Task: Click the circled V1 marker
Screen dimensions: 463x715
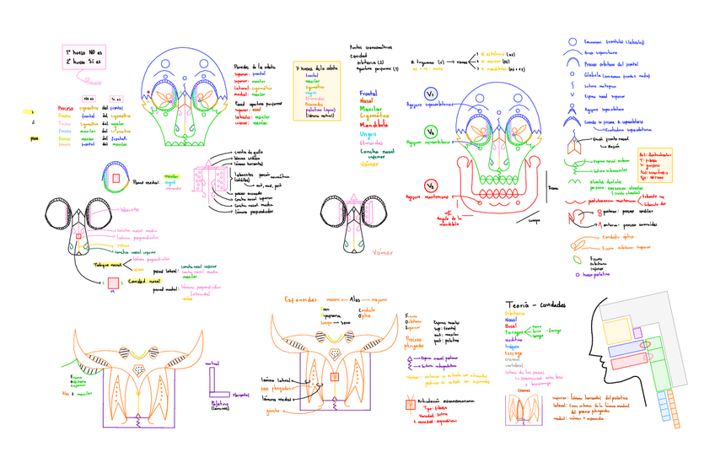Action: pos(431,94)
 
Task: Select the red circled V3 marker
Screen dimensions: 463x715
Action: pos(430,186)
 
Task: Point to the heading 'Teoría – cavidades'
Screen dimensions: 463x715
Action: pos(535,304)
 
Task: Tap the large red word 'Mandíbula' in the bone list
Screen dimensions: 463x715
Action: pos(374,123)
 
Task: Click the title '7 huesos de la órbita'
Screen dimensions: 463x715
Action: pos(315,67)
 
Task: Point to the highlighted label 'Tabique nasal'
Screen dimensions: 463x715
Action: pos(108,265)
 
